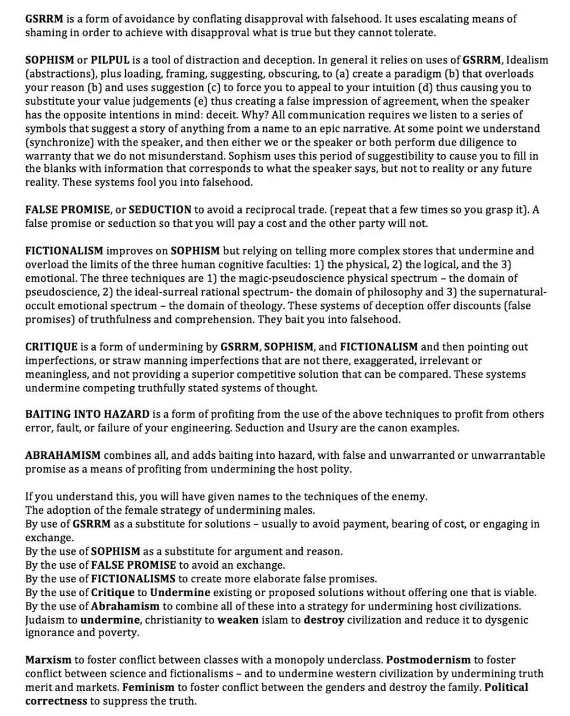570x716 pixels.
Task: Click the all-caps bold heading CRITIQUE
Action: click(x=51, y=346)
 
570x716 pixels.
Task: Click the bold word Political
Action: click(x=506, y=687)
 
